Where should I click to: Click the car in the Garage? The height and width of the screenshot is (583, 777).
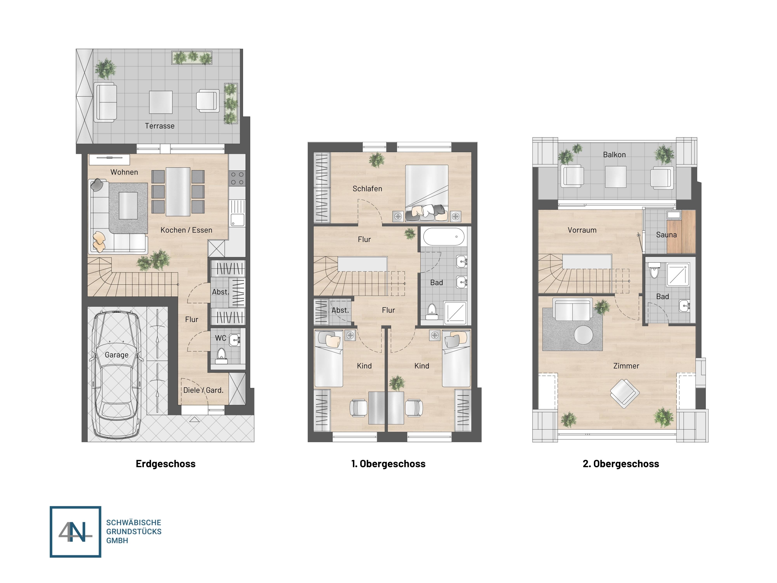coord(116,374)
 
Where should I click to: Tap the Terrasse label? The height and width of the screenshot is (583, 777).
coord(160,126)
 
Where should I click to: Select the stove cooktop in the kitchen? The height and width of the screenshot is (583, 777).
coord(237,178)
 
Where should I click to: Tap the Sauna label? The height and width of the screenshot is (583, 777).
coord(666,235)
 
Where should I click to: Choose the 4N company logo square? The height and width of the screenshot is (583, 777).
coord(76,532)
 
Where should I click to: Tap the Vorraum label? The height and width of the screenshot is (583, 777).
coord(582,230)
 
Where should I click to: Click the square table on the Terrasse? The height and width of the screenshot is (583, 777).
coord(161,102)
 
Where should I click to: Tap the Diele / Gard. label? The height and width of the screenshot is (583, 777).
coord(203,390)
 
